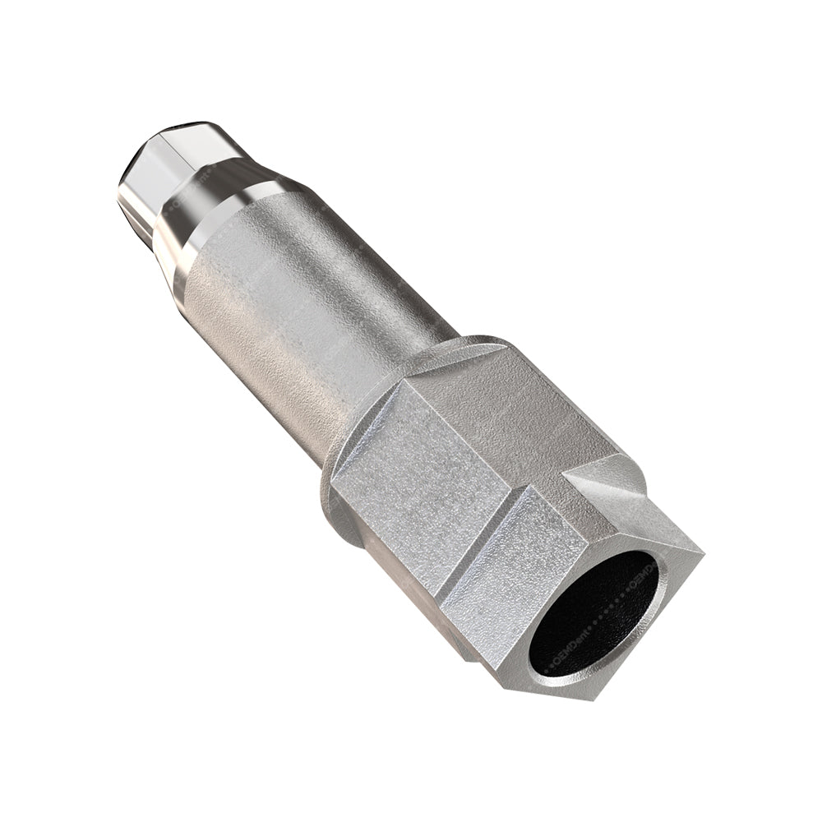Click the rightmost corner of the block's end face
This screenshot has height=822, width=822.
703,549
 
